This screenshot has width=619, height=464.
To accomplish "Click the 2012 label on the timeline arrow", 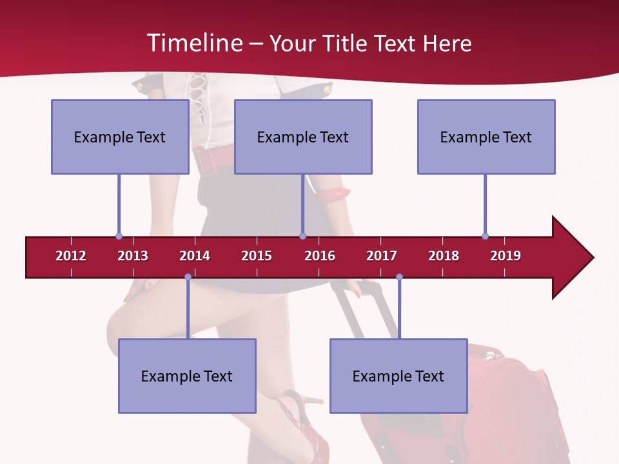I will (71, 256).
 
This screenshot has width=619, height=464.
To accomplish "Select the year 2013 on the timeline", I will (133, 256).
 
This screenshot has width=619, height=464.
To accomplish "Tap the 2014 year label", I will (195, 256).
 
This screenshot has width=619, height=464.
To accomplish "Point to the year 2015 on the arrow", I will (257, 256).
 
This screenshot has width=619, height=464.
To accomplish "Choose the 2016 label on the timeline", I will (320, 256).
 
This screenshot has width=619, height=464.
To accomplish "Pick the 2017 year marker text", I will (382, 256).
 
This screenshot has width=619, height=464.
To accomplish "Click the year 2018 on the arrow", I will (444, 256).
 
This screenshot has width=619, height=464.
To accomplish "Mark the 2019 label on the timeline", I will (506, 256).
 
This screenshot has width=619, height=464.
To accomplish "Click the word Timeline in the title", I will (193, 43).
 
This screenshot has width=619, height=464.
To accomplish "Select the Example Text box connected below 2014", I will (187, 376).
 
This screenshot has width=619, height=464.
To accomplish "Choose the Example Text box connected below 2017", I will (398, 376).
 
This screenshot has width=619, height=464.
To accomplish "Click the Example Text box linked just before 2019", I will (486, 137).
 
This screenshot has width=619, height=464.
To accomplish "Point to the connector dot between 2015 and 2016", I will (302, 236).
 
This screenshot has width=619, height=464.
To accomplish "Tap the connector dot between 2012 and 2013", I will (119, 236).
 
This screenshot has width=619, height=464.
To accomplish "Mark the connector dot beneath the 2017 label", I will (399, 277).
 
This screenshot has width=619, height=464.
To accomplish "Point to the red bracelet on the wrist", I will (333, 192).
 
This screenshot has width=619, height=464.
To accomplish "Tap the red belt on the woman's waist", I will (213, 158).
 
